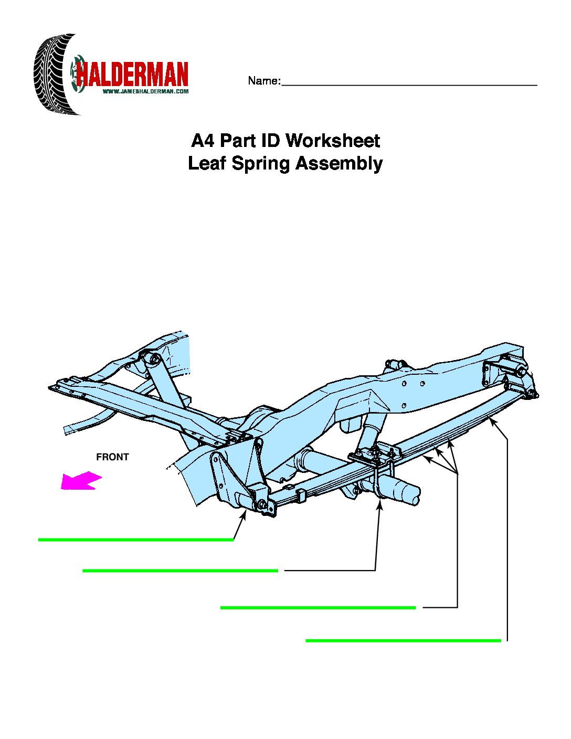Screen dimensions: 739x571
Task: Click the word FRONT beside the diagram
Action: point(112,457)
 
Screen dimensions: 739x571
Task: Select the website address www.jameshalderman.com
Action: point(145,91)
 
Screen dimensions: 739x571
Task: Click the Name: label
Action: point(264,81)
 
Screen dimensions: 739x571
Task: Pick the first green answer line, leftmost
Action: point(136,540)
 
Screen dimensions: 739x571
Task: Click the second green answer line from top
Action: point(180,571)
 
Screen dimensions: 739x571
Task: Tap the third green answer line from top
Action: point(318,608)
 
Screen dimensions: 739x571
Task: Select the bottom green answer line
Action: point(403,640)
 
